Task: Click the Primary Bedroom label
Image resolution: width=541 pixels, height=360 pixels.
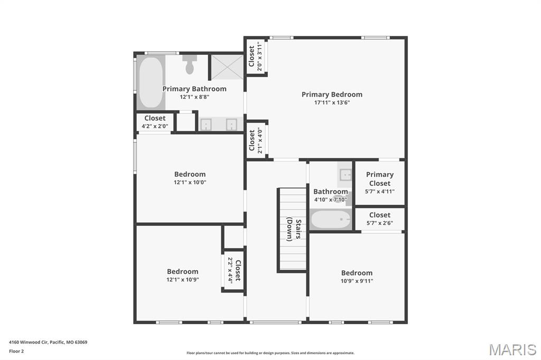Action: tap(332, 94)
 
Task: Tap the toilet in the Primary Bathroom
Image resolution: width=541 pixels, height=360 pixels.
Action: tap(190, 64)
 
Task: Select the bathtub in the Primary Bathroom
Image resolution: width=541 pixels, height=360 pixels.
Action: tap(151, 82)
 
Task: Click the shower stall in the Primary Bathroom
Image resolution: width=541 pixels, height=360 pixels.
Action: tap(227, 67)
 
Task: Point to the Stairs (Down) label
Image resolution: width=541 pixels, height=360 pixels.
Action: tap(294, 230)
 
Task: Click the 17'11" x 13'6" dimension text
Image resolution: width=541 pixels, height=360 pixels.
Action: tap(332, 102)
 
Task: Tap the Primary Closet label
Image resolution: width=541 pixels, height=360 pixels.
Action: tap(379, 178)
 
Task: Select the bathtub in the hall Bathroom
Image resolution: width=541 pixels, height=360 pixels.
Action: tap(331, 219)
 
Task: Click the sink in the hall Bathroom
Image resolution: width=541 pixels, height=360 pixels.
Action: tap(345, 175)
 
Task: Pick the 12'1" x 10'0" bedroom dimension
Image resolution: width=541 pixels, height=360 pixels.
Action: tap(190, 183)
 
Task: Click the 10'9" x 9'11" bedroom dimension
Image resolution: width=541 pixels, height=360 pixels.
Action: tap(357, 281)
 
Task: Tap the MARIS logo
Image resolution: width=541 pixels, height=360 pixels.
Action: tap(512, 349)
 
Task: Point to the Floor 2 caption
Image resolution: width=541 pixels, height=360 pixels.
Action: tap(16, 352)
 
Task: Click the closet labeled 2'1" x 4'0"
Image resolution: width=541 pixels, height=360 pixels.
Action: tap(256, 141)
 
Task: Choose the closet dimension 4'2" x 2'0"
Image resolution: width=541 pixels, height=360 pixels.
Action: tap(155, 126)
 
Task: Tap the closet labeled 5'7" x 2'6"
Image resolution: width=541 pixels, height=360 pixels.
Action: tap(379, 219)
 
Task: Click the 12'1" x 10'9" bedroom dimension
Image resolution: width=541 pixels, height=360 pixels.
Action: tap(182, 280)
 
